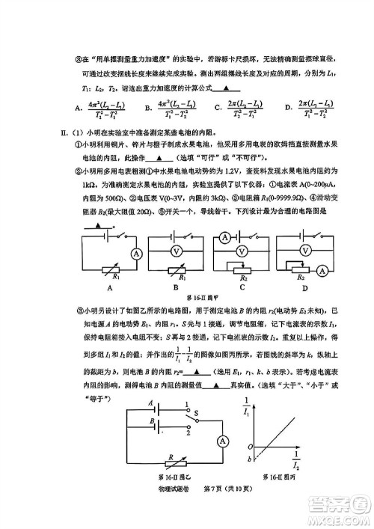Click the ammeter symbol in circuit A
coord(136,254)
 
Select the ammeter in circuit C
coord(224,238)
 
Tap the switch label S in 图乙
coord(196,412)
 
